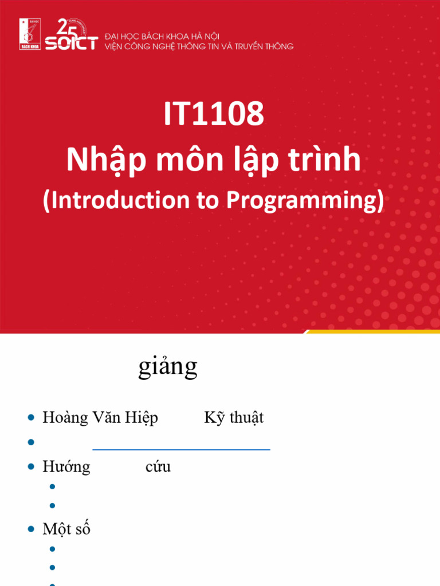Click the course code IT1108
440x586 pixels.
(x=214, y=114)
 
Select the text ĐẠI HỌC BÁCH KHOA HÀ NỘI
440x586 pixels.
(x=162, y=36)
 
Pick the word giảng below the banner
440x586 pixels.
(x=168, y=367)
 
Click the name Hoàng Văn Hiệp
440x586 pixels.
(x=100, y=418)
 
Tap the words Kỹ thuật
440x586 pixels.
(x=234, y=418)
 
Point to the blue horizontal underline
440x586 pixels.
(x=181, y=450)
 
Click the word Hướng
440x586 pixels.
(x=66, y=467)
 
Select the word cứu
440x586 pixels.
(x=158, y=467)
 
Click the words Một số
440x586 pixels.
(x=66, y=529)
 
